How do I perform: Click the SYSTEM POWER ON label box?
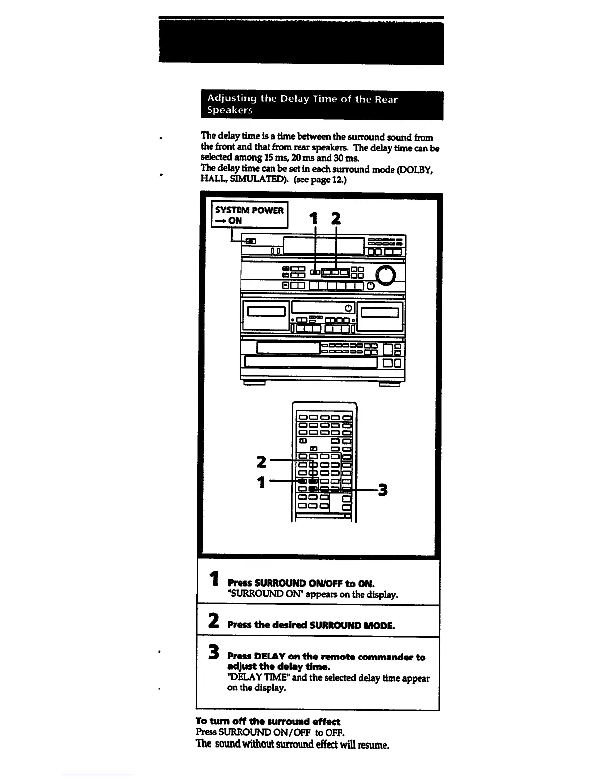[x=249, y=215]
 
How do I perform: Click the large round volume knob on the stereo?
[x=386, y=275]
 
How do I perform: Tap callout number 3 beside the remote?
[x=382, y=490]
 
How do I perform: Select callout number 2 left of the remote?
[x=262, y=462]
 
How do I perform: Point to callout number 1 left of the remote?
[x=262, y=482]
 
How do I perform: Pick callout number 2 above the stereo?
[x=336, y=219]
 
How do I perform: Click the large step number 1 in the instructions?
[x=214, y=579]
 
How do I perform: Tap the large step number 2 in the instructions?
[x=213, y=620]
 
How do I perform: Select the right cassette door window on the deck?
[x=380, y=312]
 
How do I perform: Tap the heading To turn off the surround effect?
[x=268, y=721]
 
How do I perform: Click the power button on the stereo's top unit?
[x=250, y=241]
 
